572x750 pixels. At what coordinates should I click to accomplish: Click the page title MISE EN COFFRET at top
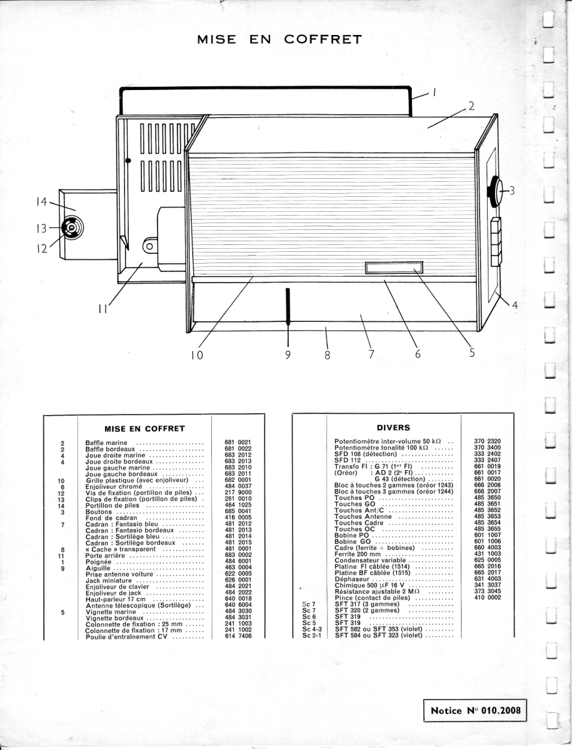click(x=279, y=39)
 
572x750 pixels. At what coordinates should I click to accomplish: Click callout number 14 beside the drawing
click(x=41, y=202)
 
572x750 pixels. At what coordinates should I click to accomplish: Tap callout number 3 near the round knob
click(x=511, y=191)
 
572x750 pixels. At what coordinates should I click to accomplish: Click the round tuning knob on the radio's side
click(x=494, y=191)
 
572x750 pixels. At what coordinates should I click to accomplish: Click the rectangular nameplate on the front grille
click(x=394, y=269)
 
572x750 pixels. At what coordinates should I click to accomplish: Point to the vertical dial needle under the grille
click(x=288, y=306)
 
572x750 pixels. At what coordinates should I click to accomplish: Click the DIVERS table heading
click(x=393, y=428)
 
